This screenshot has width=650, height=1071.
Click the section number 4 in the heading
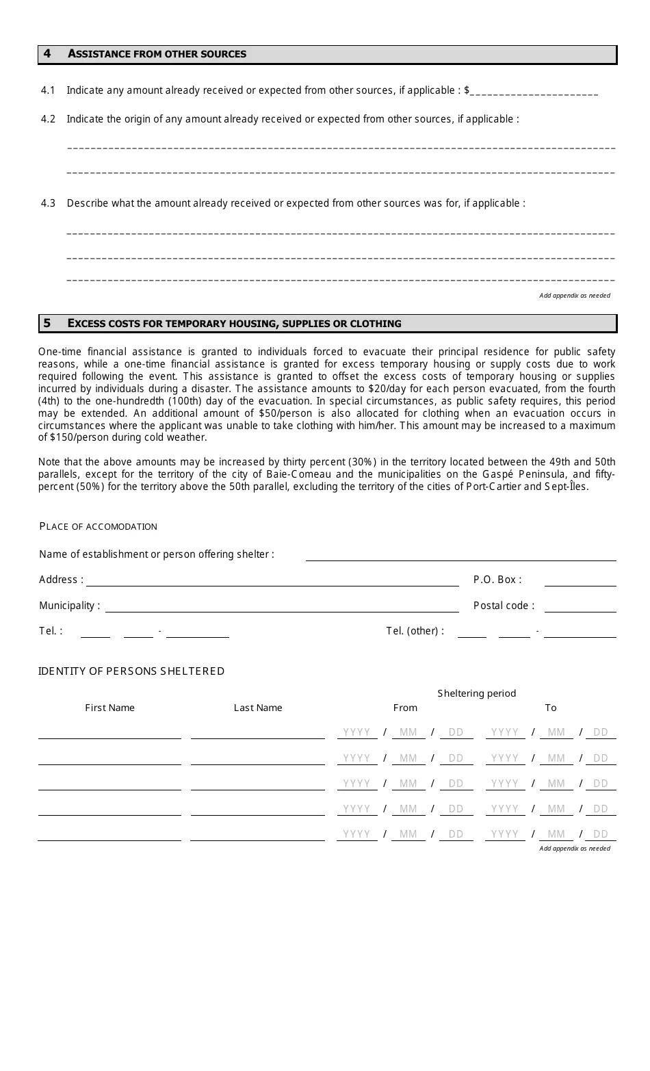coord(47,54)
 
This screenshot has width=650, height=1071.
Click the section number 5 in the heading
coord(47,324)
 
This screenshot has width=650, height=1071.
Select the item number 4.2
coord(48,119)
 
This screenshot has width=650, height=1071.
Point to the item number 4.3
coord(48,203)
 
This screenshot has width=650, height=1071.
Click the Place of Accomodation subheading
coord(98,526)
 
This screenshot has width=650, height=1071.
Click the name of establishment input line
coord(460,556)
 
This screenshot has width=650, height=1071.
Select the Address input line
coord(272,581)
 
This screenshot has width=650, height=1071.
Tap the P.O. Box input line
coord(580,581)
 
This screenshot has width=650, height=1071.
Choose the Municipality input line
coord(282,607)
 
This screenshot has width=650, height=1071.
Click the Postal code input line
coord(580,607)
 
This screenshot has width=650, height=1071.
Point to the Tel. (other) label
coord(415,631)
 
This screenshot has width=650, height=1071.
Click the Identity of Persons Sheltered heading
coord(131,671)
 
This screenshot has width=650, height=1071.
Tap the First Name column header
coord(109,708)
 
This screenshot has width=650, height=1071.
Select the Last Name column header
coord(258,708)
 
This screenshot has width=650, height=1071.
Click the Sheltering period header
coord(477,694)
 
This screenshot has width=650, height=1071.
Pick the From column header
coord(405,708)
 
